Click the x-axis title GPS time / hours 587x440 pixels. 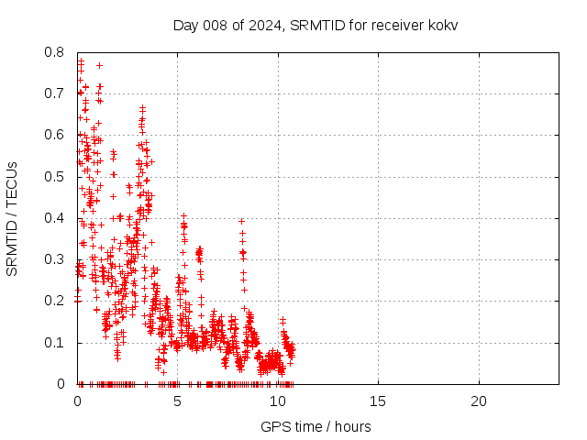316,426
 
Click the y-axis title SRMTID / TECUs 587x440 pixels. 13,218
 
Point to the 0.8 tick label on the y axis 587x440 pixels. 53,52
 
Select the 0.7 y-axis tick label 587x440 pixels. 53,93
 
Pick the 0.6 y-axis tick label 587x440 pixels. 53,136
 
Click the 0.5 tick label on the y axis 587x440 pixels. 53,177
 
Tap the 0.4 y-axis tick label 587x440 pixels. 53,218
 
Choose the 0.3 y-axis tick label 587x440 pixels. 53,260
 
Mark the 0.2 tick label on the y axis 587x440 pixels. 53,302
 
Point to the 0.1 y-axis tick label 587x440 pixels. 53,343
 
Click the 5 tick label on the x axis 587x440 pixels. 178,401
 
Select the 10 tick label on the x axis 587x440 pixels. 278,401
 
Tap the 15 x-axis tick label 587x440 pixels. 378,401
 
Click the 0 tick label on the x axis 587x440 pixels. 78,401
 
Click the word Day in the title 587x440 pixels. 186,25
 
